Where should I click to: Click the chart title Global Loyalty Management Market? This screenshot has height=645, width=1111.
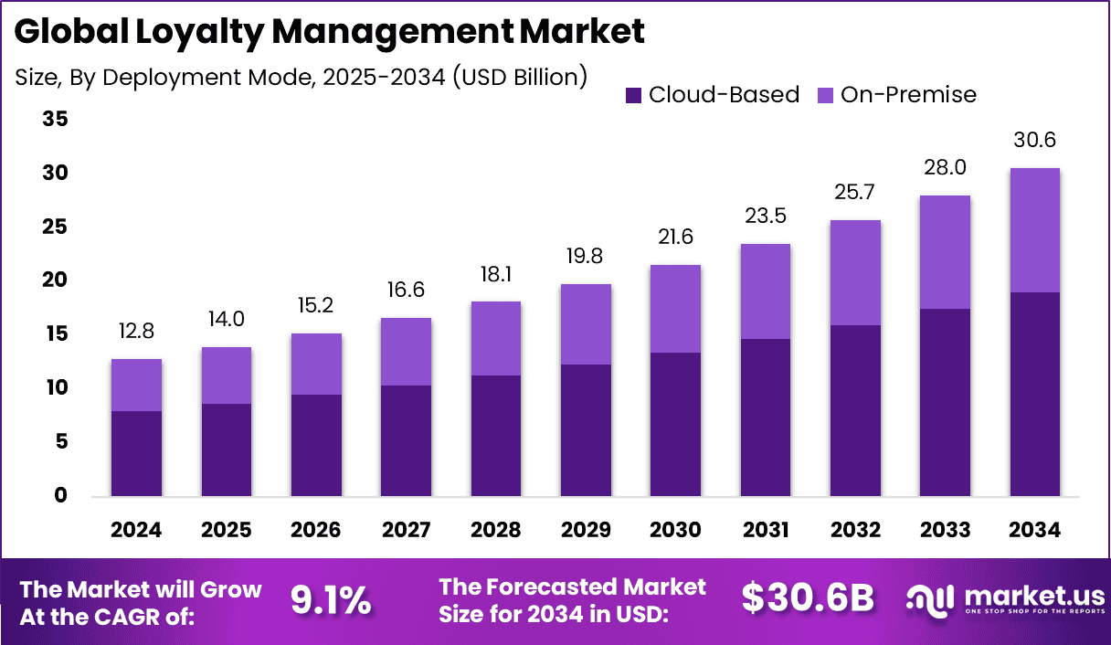[330, 31]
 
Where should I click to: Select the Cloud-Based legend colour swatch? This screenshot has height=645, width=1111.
[634, 95]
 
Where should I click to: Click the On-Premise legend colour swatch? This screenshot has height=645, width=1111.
[826, 95]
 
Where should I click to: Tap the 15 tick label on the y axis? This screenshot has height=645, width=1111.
[56, 334]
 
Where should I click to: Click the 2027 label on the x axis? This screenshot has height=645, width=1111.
[406, 531]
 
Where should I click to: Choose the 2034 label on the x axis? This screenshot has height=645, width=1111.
[1035, 531]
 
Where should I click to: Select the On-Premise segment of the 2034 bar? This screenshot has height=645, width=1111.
[1035, 230]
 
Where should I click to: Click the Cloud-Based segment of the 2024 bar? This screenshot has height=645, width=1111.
[136, 453]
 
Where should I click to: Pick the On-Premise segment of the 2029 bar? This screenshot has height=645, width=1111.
[586, 324]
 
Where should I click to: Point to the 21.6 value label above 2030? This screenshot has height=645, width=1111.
[675, 238]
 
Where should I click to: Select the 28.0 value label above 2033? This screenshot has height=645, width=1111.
[945, 168]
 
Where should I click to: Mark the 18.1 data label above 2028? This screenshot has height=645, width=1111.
[495, 274]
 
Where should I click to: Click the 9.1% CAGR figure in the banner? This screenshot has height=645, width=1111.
[331, 600]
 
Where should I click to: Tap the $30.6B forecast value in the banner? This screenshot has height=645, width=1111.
[808, 598]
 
